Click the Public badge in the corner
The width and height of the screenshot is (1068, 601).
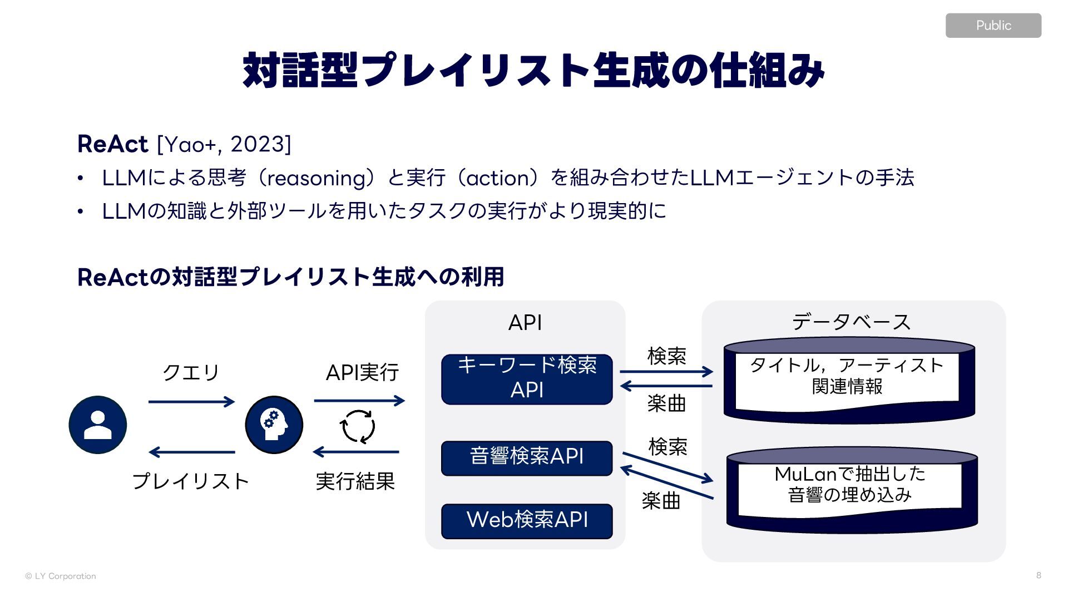pos(993,26)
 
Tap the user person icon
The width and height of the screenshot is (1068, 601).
pos(98,425)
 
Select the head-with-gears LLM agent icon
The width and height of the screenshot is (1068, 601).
pos(274,425)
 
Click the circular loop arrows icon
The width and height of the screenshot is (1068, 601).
pos(357,426)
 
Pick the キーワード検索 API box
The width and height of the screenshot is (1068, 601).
pos(526,379)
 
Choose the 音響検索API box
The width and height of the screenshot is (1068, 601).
pos(526,457)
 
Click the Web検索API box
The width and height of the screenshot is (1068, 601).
pos(526,521)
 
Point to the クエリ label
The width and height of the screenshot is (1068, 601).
pos(191,372)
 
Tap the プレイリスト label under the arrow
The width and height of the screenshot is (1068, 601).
pos(190,481)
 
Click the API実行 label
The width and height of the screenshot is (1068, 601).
pos(362,372)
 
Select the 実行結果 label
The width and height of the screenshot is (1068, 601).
pos(355,481)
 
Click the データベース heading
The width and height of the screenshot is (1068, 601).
pos(851,322)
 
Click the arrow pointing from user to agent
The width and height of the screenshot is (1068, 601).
pos(191,401)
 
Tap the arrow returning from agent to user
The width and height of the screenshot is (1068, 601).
pos(191,452)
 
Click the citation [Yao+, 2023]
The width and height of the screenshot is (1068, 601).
pos(224,144)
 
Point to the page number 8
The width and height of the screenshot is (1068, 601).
pos(1039,575)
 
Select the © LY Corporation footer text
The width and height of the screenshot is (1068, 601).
pos(61,576)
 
